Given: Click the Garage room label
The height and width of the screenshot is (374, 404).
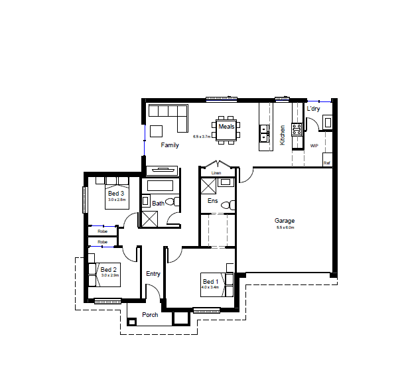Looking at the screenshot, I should coord(285,221).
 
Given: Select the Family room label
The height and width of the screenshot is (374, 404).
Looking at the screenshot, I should coord(170,145).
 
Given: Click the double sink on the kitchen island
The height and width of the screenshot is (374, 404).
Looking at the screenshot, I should coord(264,133).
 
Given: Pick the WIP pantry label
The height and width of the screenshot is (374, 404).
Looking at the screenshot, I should coord(314,145).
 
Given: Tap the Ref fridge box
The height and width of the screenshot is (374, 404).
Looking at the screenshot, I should coord(326,162).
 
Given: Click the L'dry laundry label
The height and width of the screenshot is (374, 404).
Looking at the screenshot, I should coord(313,109).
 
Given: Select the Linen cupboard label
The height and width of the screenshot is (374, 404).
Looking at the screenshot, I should coord(216,173).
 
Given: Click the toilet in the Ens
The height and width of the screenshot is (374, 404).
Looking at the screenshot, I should coord(228,205).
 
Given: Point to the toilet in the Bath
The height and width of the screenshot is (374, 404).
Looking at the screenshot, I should coord(170,202).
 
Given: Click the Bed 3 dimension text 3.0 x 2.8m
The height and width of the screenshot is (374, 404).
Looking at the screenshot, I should coord(117,199).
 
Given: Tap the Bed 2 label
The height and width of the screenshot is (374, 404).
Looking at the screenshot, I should coord(109,270).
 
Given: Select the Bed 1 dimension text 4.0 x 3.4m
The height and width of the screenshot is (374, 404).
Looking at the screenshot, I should coord(211,287).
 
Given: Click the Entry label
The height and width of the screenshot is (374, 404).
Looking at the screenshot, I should coord(153,274).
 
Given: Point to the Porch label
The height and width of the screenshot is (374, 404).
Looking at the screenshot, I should coord(151,315).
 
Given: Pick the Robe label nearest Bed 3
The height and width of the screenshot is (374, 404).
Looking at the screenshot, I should coord(103,231).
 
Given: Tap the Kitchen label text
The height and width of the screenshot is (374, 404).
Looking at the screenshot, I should coord(283,135).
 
